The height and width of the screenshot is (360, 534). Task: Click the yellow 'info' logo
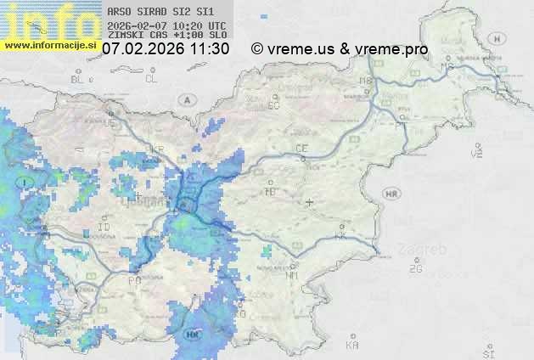[x=49, y=20]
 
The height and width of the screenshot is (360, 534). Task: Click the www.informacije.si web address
[x=50, y=45]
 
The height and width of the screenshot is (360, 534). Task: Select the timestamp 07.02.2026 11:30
[x=166, y=49]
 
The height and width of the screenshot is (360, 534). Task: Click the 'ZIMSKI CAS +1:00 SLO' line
[x=167, y=36]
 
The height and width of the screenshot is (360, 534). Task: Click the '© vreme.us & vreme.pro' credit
[x=340, y=49]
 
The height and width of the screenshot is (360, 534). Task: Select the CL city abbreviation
[x=152, y=79]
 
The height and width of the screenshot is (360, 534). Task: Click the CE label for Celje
[x=301, y=149]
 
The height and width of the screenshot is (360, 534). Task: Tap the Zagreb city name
[x=426, y=250]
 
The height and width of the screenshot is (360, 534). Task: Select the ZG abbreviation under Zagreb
[x=415, y=269]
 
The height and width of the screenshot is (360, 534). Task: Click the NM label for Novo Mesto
[x=293, y=276]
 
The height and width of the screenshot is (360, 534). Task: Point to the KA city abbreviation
[x=352, y=346]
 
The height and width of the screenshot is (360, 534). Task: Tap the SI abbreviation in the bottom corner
[x=487, y=352]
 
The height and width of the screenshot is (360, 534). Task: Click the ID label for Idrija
[x=104, y=228]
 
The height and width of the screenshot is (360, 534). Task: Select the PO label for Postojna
[x=134, y=280]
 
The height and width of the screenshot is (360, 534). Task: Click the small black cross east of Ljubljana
[x=310, y=202]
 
